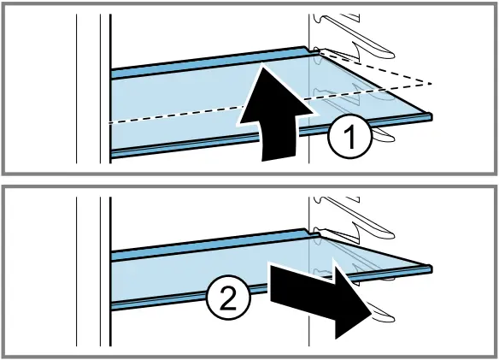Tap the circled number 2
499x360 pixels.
pos(229,299)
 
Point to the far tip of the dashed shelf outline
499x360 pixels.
pos(431,83)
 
